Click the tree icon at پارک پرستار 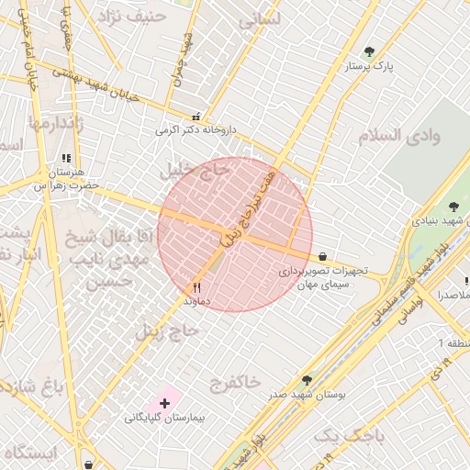coord(370,51)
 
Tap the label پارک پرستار coord(369,67)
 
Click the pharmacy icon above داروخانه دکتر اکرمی coord(196,117)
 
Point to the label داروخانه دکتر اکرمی coord(195,130)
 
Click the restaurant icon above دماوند coord(196,286)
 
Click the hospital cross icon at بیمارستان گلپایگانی coord(164,403)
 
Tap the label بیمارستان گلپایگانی coord(165,418)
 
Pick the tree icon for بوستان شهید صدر coord(306,380)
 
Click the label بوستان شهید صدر coord(307,395)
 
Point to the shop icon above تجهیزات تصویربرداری coord(322,257)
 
